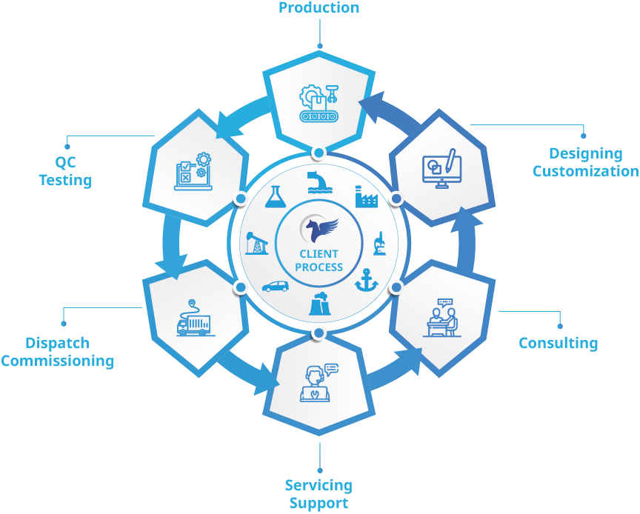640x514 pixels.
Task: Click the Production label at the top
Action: click(x=319, y=8)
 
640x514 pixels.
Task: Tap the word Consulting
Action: click(x=558, y=343)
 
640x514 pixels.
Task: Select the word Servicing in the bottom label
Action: click(x=319, y=486)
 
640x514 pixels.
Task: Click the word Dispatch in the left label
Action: click(x=57, y=343)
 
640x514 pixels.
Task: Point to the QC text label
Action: click(x=65, y=162)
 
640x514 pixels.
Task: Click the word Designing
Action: click(x=585, y=153)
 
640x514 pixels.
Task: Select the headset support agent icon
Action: click(x=319, y=383)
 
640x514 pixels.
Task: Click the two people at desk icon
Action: click(x=441, y=318)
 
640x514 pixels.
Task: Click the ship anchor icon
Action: click(x=366, y=281)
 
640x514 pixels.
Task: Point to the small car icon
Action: click(x=275, y=285)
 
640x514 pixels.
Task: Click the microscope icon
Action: click(x=379, y=243)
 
